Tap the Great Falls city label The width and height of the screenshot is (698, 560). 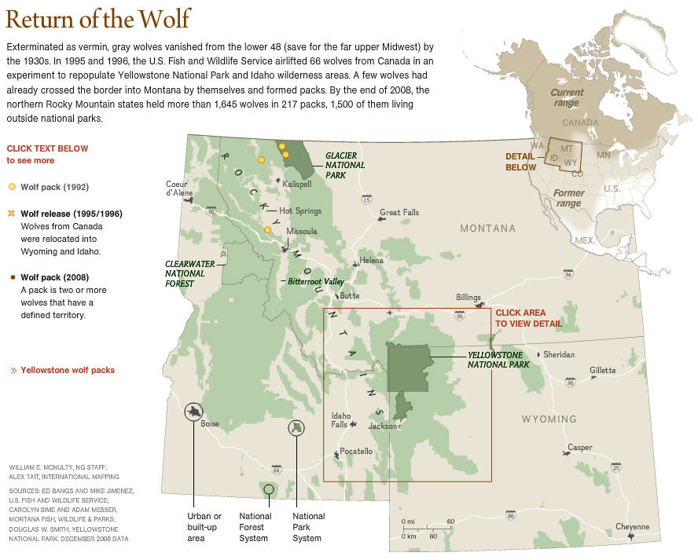coord(399,213)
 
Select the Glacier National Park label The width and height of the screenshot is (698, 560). coord(345,165)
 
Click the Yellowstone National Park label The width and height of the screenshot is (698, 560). coord(498,360)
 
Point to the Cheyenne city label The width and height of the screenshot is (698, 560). coord(632,527)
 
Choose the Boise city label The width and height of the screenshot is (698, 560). coord(210,423)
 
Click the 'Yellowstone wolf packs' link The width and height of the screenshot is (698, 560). coord(68,370)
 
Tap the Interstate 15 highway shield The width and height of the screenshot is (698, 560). coord(367,199)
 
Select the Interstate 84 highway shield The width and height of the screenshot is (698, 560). coord(276,469)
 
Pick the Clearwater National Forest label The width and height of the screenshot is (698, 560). coord(185,273)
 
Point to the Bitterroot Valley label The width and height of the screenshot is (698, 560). coord(315,281)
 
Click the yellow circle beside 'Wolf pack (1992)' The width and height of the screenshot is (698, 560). coord(12,187)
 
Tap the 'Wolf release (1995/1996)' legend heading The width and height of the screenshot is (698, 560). coord(71,214)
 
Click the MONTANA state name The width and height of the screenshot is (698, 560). coord(487,229)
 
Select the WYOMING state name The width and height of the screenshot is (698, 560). coord(549,419)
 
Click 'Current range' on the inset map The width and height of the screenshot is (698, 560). coord(566,97)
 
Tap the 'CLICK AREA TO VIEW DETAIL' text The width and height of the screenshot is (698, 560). coord(529,318)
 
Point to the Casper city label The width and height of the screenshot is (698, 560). coord(580,448)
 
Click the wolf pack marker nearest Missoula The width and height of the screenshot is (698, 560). coord(268,230)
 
